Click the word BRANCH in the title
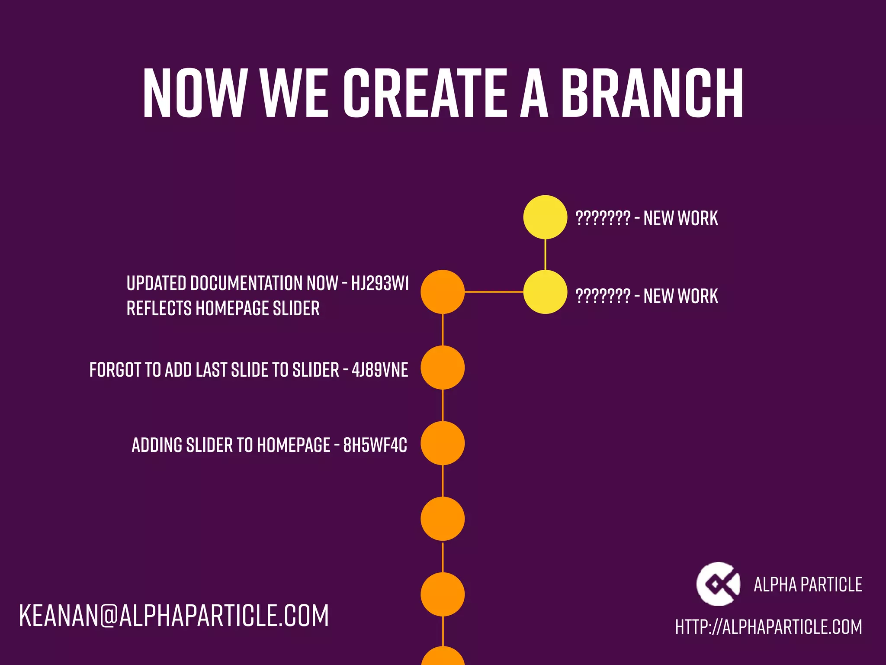[652, 93]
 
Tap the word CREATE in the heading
[425, 93]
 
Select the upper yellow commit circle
[545, 217]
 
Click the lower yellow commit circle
[545, 292]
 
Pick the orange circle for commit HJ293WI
[443, 292]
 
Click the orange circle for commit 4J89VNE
[443, 368]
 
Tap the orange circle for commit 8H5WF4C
[443, 443]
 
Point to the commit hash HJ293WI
[380, 284]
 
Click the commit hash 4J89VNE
[380, 370]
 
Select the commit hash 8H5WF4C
[375, 445]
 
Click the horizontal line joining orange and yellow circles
[494, 292]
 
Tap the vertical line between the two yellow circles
[545, 255]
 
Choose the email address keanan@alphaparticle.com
[174, 616]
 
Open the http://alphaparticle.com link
[769, 627]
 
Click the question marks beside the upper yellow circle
[603, 218]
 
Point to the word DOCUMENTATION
[247, 284]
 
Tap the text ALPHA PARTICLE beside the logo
[808, 585]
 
